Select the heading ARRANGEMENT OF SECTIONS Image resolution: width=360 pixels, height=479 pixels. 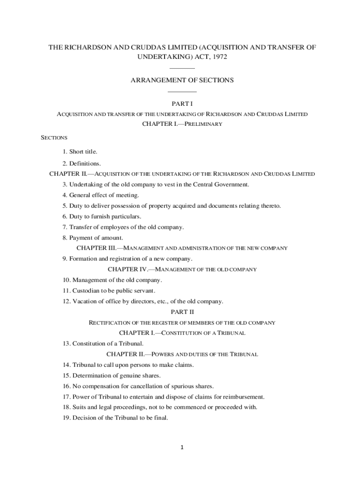(x=182, y=80)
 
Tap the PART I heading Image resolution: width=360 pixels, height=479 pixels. (x=182, y=103)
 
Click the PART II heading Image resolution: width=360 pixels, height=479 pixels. (x=182, y=312)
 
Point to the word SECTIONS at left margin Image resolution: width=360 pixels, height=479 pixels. (x=54, y=138)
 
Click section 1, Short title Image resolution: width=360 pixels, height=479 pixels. (x=80, y=152)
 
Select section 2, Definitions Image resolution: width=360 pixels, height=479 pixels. (x=82, y=164)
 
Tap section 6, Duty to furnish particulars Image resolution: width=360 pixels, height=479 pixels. (x=102, y=217)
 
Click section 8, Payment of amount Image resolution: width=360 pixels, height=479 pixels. (x=93, y=238)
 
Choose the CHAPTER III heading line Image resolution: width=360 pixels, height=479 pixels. (x=182, y=248)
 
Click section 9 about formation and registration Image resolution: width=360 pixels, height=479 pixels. (x=127, y=259)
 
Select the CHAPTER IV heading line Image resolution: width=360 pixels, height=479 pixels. (x=182, y=269)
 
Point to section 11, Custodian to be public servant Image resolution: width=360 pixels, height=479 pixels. (x=109, y=290)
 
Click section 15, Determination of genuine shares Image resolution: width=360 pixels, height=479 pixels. (x=111, y=376)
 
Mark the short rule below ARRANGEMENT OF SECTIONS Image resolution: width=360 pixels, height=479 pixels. (x=182, y=92)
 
